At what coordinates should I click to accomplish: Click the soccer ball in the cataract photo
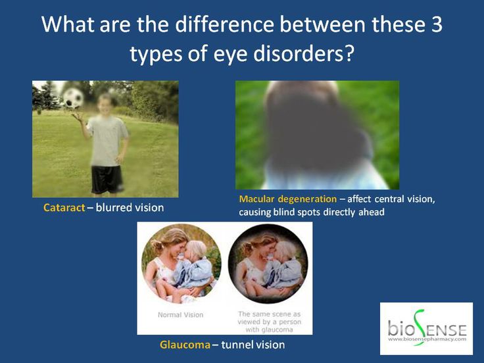(73, 98)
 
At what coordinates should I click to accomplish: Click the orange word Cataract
(63, 208)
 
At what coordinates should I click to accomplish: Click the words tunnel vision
(253, 345)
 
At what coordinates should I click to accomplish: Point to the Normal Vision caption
(181, 315)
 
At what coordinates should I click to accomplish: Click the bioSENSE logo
(426, 327)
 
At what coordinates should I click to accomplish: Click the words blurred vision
(130, 208)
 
